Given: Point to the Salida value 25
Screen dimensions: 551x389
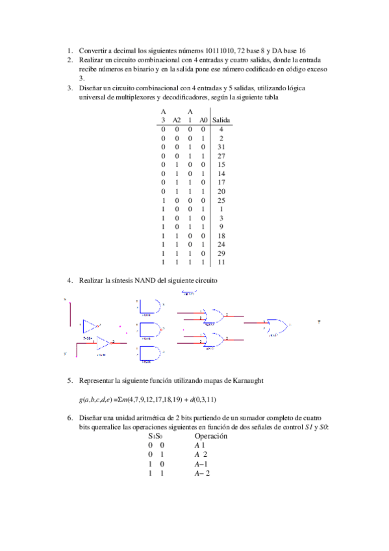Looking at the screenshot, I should click(221, 201).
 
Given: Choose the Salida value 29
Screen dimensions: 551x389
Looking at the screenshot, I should click(221, 254).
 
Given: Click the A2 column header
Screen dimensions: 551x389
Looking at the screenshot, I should click(177, 120).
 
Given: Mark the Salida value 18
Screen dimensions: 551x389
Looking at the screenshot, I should click(221, 237).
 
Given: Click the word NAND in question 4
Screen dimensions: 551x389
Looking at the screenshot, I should click(144, 280).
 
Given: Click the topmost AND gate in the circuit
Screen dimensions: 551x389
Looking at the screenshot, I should click(149, 306).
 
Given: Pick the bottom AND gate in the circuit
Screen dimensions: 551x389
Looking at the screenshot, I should click(149, 353).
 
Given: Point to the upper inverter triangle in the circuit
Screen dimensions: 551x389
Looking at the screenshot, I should click(92, 326).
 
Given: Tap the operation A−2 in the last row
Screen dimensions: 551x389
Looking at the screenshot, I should click(202, 474).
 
